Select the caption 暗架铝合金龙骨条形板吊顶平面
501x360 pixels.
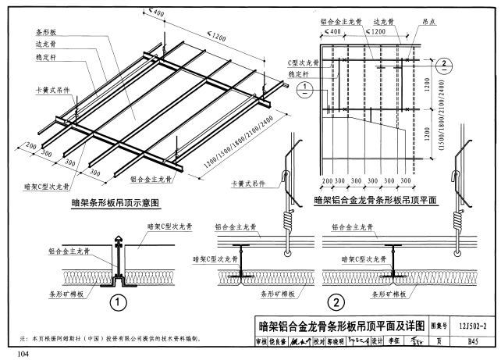[375, 199]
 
